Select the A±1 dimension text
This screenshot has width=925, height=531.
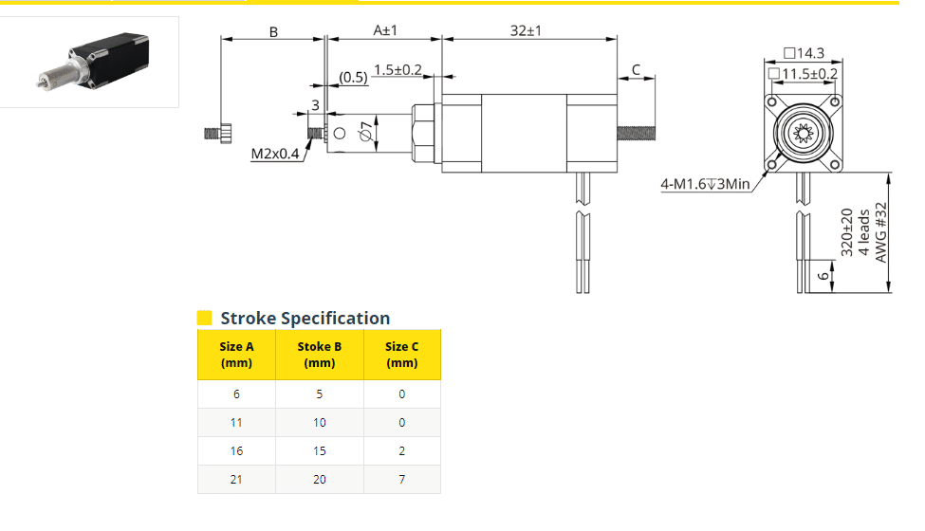(x=384, y=30)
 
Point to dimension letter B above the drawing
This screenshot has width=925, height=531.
(x=273, y=31)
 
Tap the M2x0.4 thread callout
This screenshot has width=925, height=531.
(x=275, y=154)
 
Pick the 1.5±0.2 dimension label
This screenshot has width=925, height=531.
(x=398, y=70)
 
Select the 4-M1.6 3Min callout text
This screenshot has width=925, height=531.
(x=706, y=185)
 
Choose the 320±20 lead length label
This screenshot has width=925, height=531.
(x=847, y=232)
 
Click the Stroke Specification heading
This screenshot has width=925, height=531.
(x=305, y=319)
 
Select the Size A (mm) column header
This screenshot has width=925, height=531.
(x=236, y=355)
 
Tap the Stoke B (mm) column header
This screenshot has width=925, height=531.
(x=319, y=355)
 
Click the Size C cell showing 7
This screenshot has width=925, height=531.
(x=401, y=480)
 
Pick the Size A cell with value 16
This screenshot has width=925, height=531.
(x=236, y=451)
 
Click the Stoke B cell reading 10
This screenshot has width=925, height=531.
(x=319, y=422)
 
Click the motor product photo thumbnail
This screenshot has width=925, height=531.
(x=89, y=62)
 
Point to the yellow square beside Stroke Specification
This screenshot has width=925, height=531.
(x=204, y=318)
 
